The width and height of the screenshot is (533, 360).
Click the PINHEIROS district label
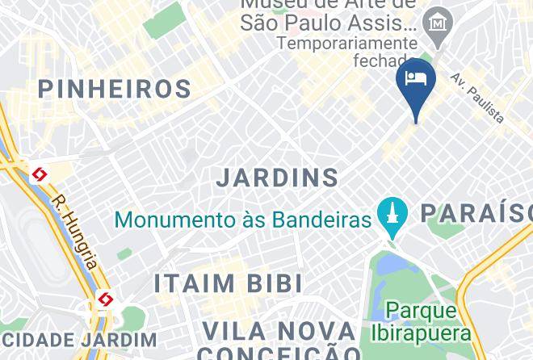tap(114, 89)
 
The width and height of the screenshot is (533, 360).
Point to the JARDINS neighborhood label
tap(278, 178)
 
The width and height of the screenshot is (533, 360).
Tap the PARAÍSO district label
tap(476, 213)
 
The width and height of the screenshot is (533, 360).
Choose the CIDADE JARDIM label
tap(78, 340)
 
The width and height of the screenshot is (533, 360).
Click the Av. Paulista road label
tap(477, 98)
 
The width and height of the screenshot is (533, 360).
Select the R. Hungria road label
tap(75, 232)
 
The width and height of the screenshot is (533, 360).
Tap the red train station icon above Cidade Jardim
tap(105, 300)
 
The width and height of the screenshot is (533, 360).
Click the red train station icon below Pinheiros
tap(39, 174)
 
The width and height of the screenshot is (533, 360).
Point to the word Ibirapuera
tap(421, 333)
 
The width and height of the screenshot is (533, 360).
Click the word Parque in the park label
tap(421, 311)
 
